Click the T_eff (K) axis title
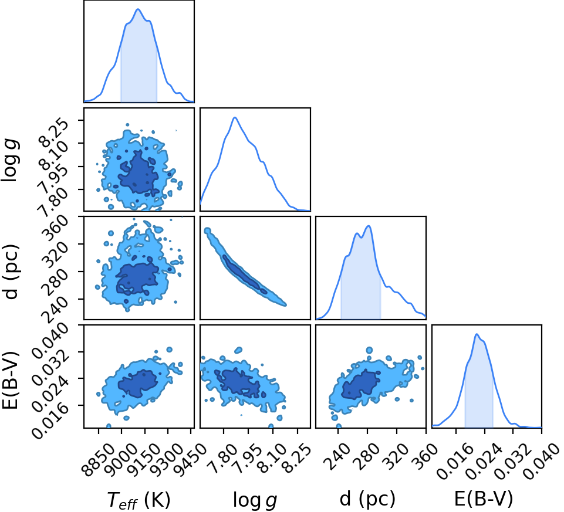[139, 500]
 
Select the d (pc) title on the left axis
[12, 272]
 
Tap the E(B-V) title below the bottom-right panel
[484, 499]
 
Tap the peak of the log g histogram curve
[235, 117]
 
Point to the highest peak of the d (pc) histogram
[369, 226]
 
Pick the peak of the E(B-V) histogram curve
[477, 334]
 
